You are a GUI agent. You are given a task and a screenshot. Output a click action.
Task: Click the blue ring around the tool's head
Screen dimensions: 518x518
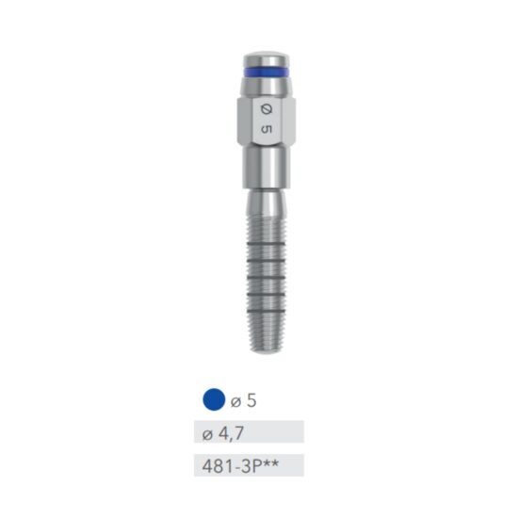[264, 72]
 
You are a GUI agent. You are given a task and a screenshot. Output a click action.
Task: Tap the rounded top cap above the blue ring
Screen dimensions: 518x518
[264, 57]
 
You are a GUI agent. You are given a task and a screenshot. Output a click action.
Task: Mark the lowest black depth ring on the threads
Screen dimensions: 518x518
[265, 308]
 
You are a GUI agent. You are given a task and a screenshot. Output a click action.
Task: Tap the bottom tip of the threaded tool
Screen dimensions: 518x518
[265, 349]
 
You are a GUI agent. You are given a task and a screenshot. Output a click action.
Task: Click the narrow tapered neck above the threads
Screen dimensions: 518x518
[264, 198]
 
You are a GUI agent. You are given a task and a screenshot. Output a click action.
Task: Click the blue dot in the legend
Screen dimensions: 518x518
[214, 400]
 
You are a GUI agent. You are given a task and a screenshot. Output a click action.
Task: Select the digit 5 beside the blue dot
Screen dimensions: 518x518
[251, 400]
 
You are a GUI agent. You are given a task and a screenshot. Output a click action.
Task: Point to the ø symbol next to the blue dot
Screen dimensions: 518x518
[235, 401]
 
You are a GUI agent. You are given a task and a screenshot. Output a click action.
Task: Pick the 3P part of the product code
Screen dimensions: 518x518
[250, 465]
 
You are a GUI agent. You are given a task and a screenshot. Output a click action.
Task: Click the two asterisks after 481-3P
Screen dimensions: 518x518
[269, 462]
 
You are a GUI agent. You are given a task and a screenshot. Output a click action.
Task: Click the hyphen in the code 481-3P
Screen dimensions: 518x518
[235, 466]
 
